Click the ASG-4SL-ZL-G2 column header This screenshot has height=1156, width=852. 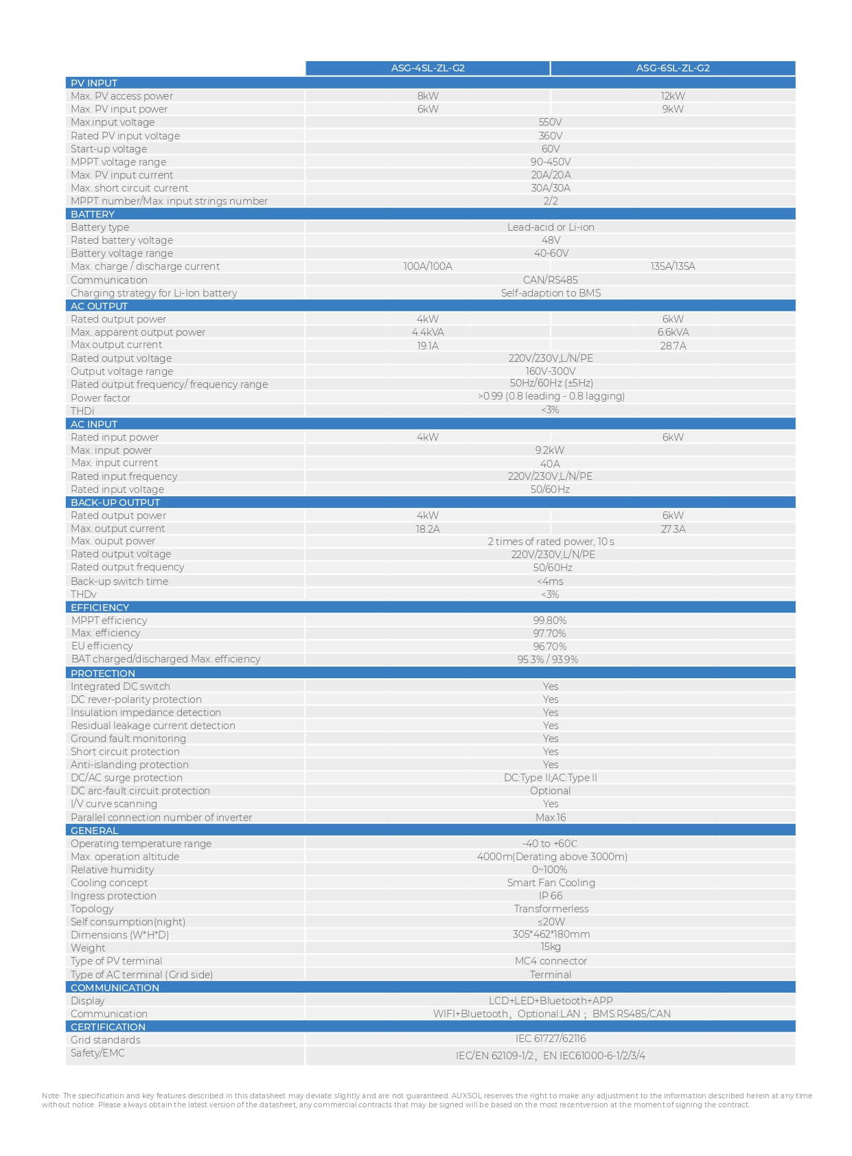[x=428, y=68]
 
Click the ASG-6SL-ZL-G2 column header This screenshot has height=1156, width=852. [x=673, y=68]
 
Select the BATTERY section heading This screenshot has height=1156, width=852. [x=93, y=214]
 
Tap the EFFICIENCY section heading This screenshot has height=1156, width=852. [x=100, y=608]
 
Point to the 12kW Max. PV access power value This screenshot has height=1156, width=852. [x=673, y=96]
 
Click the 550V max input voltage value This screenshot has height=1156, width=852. [x=551, y=122]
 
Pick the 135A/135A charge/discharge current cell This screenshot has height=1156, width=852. [x=673, y=266]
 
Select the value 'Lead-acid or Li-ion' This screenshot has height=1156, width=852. [x=551, y=227]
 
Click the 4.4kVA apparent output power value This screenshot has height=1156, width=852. [x=428, y=332]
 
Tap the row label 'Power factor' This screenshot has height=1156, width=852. [x=100, y=398]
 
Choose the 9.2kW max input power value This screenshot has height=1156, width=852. [x=550, y=450]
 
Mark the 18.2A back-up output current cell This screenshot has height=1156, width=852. [x=428, y=529]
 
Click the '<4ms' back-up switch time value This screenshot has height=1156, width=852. [x=550, y=581]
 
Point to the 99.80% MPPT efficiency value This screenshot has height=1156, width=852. [x=550, y=621]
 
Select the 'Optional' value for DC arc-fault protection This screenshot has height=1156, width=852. [x=550, y=791]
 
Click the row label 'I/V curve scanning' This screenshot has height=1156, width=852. [x=114, y=804]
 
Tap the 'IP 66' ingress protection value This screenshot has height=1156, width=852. [x=551, y=896]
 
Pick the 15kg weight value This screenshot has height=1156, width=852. [x=551, y=947]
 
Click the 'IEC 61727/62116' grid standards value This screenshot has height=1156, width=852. [x=551, y=1039]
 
